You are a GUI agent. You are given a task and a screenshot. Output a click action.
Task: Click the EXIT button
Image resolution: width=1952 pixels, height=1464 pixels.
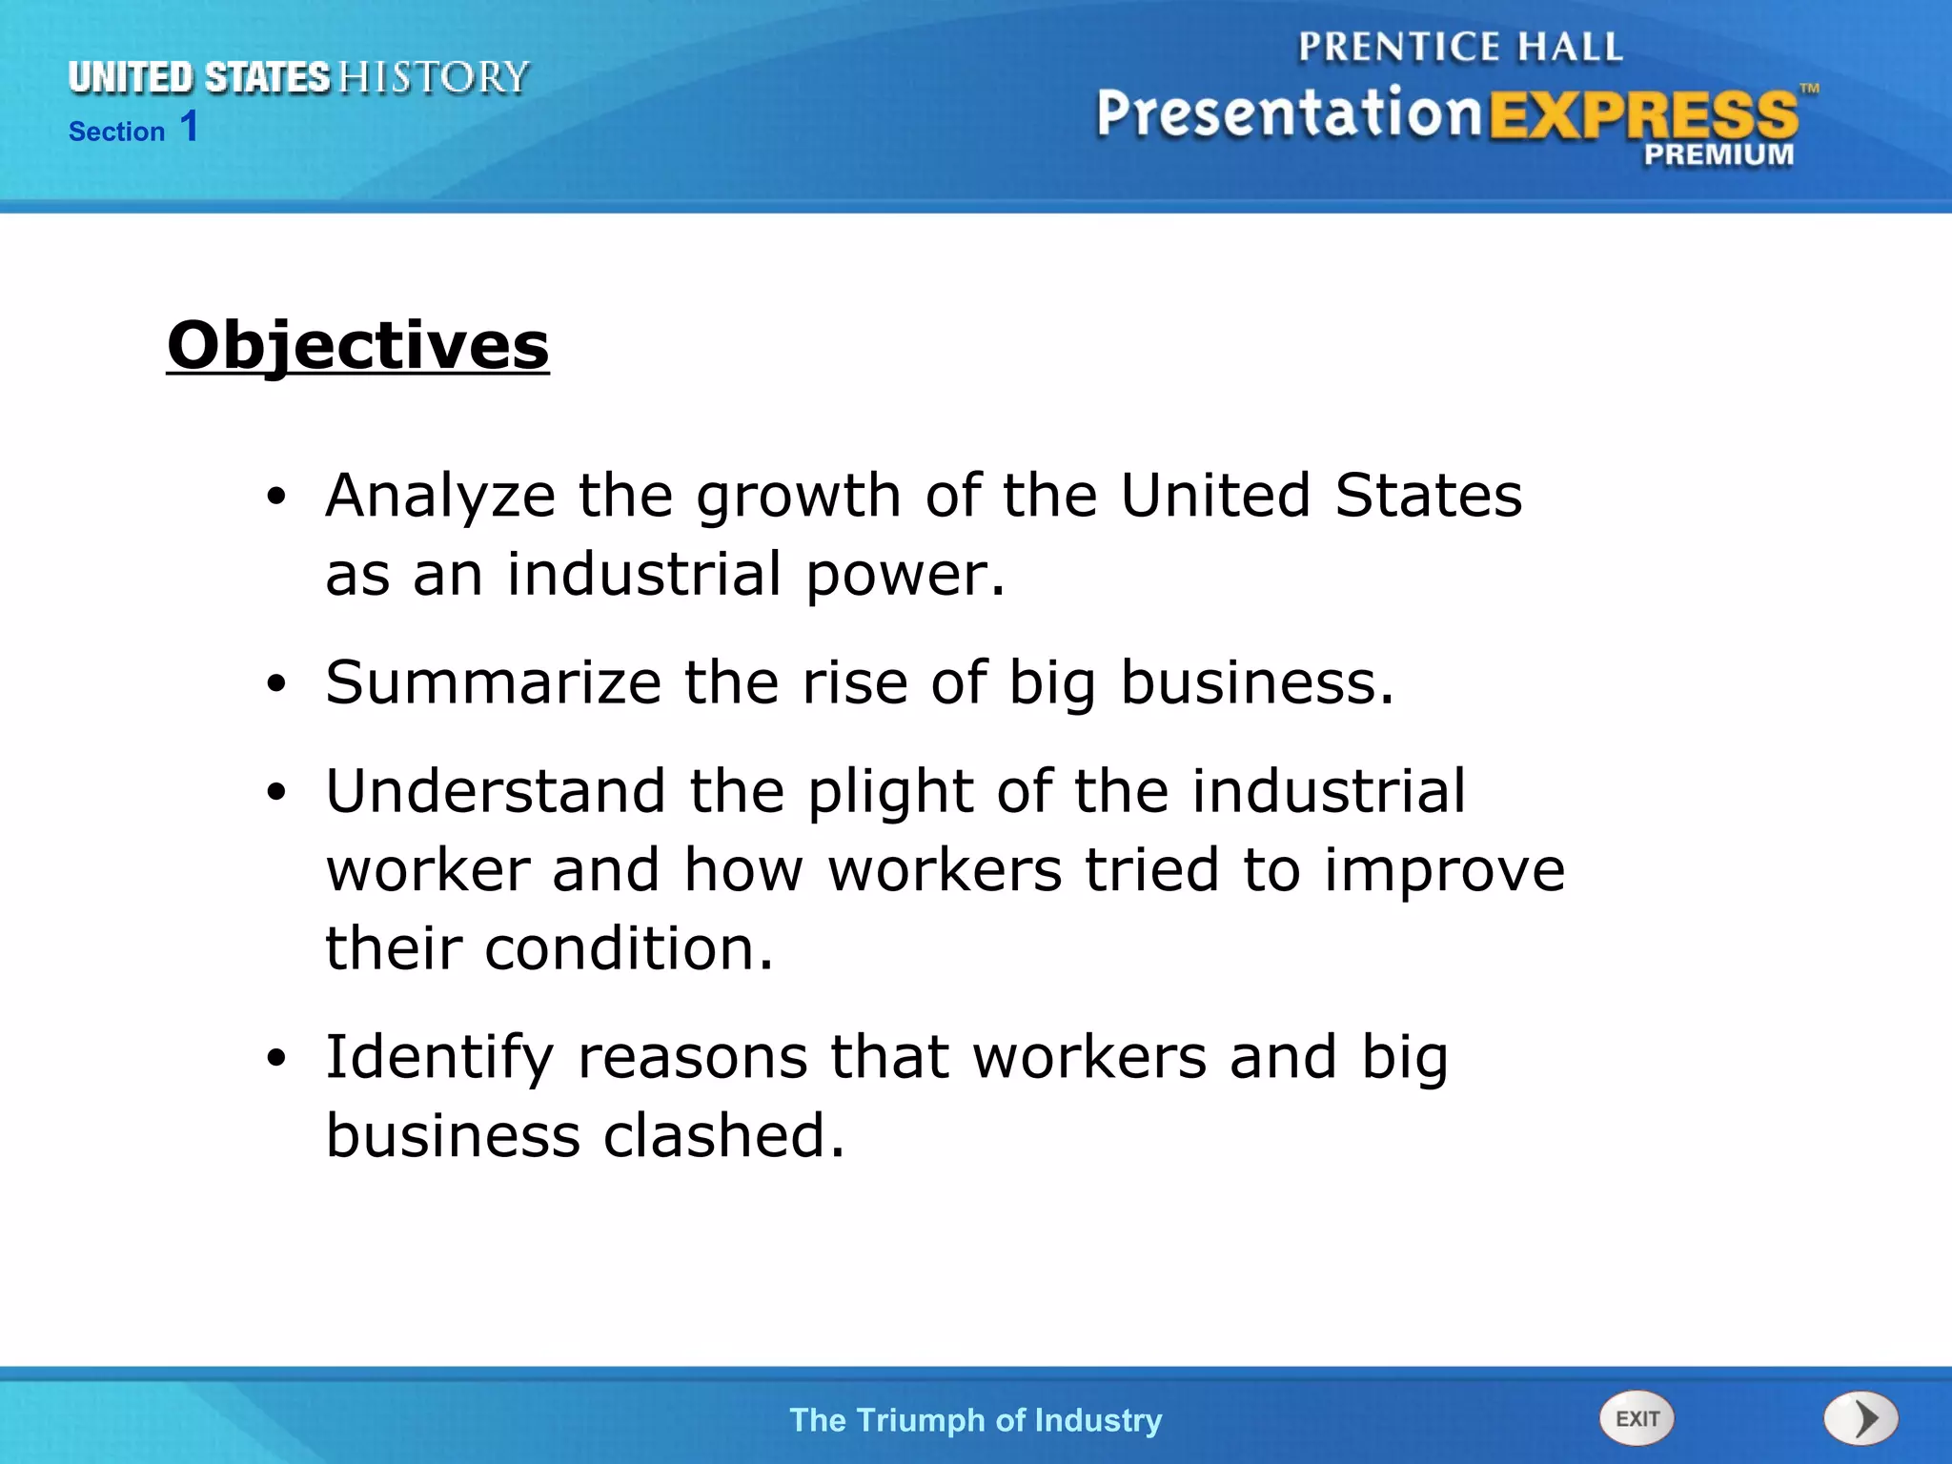[x=1637, y=1418]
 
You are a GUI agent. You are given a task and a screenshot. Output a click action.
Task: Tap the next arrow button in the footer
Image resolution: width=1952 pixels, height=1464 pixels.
[x=1860, y=1418]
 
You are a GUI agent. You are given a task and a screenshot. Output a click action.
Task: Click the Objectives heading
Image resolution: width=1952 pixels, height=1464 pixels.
[x=357, y=345]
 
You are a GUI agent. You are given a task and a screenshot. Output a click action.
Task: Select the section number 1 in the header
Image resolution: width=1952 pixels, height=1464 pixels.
[x=189, y=127]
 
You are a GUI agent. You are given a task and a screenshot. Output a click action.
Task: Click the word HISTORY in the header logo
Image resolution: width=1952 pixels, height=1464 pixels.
[x=434, y=77]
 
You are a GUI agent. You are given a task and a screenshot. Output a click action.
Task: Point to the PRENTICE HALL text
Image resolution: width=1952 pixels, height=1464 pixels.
[x=1459, y=47]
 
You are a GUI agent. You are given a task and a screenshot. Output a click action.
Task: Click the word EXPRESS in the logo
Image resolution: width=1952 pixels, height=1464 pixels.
[x=1643, y=116]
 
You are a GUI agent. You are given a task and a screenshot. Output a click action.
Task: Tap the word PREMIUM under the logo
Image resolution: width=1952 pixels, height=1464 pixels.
[x=1718, y=154]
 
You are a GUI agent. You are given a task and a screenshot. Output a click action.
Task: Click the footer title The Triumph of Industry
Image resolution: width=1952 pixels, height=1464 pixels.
[x=975, y=1419]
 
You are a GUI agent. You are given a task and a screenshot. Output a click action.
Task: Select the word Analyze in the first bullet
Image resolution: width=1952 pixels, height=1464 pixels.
[x=440, y=497]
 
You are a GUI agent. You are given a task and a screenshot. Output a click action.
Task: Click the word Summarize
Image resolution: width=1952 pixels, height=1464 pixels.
[x=493, y=682]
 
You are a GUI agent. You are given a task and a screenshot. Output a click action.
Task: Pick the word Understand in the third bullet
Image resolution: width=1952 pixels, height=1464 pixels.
[x=496, y=791]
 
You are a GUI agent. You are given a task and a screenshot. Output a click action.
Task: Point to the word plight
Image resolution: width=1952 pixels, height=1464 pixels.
[x=890, y=793]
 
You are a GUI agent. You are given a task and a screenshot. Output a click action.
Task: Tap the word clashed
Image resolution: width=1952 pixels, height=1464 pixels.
[x=723, y=1136]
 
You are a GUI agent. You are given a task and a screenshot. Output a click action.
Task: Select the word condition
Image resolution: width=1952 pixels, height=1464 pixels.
[x=629, y=949]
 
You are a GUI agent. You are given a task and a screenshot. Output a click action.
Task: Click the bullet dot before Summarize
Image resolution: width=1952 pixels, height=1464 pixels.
[x=276, y=683]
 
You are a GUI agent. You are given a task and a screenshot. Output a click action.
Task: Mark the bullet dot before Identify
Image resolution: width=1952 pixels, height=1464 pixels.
[x=276, y=1057]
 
